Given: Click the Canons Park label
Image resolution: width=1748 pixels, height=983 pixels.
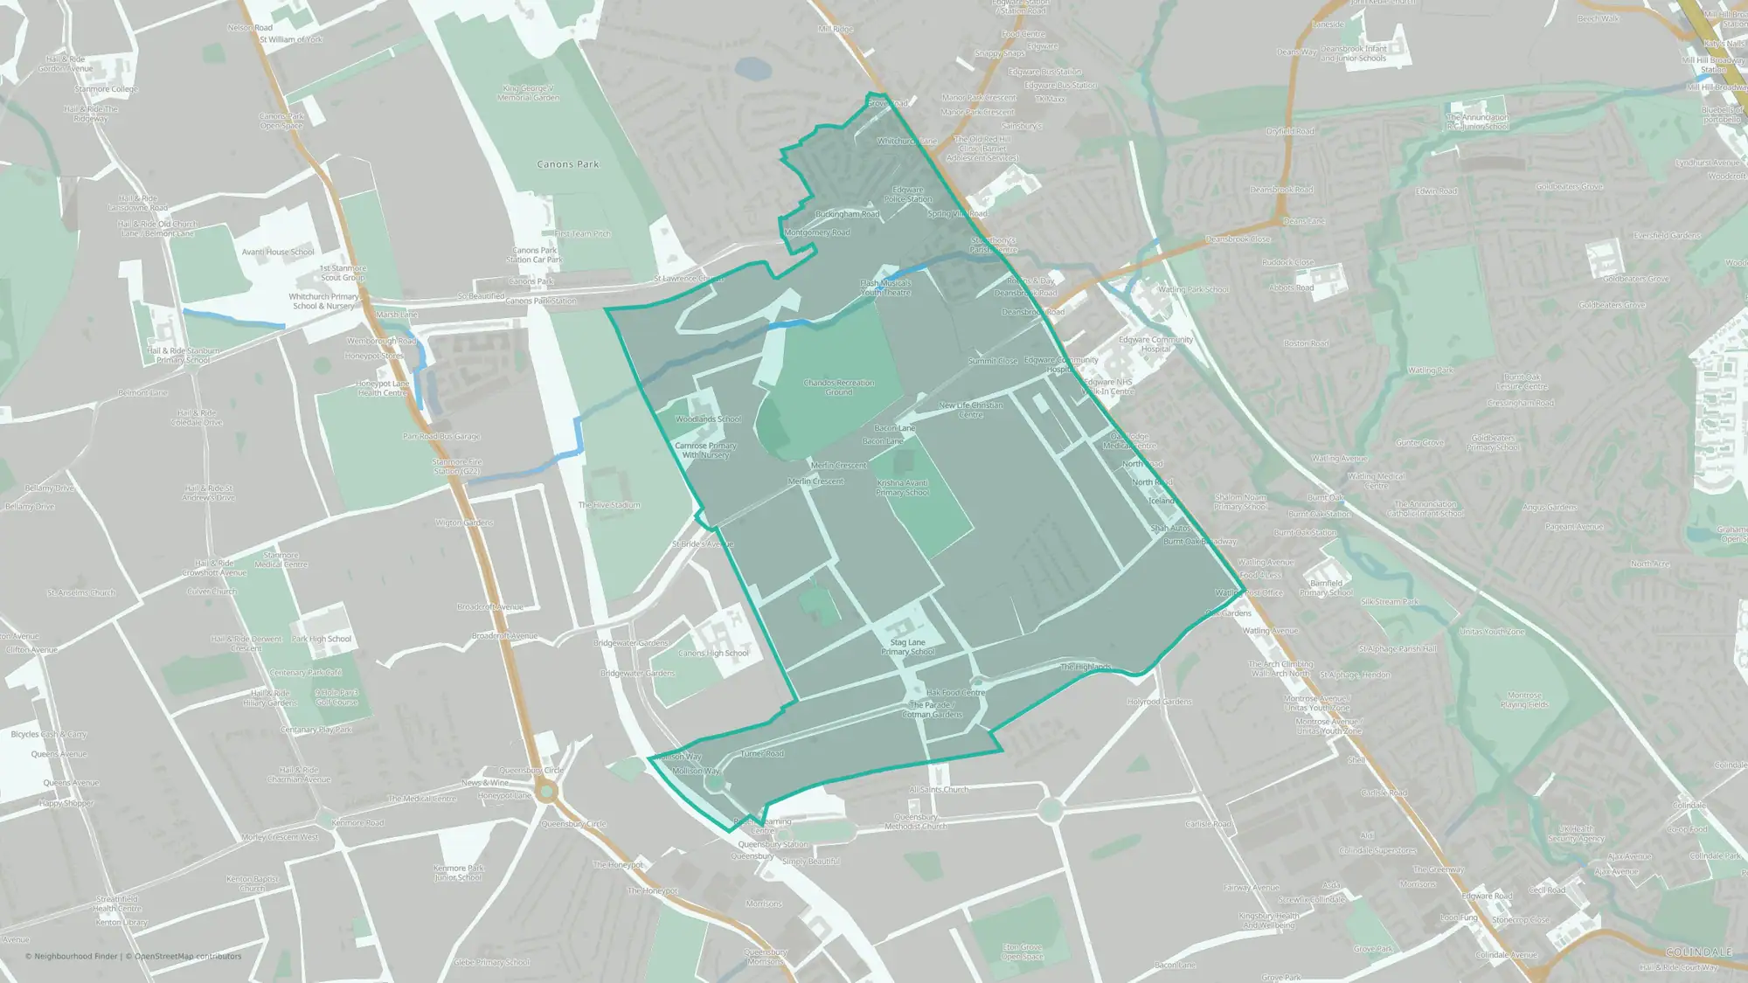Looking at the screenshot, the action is point(568,164).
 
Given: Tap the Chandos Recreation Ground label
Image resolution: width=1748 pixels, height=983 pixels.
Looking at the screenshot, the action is point(838,387).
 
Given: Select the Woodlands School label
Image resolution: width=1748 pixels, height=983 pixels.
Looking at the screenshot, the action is point(707,419).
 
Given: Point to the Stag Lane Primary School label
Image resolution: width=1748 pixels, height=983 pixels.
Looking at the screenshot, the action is point(907,647).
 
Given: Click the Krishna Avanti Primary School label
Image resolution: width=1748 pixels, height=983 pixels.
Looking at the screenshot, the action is point(902,488).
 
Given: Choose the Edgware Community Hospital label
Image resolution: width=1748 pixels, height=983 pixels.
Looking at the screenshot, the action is point(1155,344).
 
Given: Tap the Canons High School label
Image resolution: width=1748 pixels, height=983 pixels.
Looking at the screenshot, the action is point(713,654).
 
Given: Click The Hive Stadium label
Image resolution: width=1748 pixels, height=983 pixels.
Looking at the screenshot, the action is point(608,505).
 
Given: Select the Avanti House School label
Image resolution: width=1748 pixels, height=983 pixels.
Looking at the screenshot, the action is point(278,252).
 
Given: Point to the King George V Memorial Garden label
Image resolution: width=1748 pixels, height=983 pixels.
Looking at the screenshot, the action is point(528,93).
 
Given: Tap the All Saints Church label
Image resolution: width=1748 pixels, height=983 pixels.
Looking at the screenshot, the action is point(938,789).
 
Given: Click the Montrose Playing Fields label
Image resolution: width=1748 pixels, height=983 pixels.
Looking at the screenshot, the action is point(1523,700).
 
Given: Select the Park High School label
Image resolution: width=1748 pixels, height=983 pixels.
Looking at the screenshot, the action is point(321,639).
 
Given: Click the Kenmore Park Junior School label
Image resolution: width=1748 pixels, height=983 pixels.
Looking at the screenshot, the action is point(458,873).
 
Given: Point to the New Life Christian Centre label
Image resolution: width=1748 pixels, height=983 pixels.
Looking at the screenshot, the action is point(970,410).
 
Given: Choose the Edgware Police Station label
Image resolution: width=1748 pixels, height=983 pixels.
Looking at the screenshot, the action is point(907,194).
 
